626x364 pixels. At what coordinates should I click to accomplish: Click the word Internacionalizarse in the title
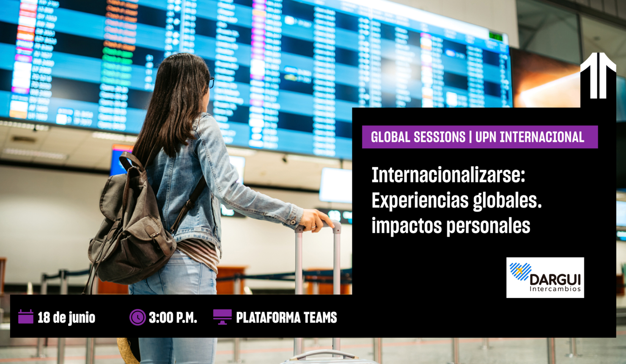[448, 175]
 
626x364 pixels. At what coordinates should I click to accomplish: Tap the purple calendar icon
[26, 317]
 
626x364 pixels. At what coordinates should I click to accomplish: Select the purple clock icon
[137, 317]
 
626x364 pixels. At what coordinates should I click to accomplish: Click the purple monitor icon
[222, 317]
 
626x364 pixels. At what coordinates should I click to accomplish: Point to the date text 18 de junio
[66, 317]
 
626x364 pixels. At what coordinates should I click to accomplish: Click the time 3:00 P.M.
[173, 317]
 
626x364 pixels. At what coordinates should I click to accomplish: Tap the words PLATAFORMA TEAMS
[286, 317]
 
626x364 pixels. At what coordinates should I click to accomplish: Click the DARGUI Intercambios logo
[545, 278]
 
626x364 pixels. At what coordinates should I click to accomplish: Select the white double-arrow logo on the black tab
[598, 76]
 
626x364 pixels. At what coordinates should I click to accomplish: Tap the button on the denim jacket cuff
[292, 222]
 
